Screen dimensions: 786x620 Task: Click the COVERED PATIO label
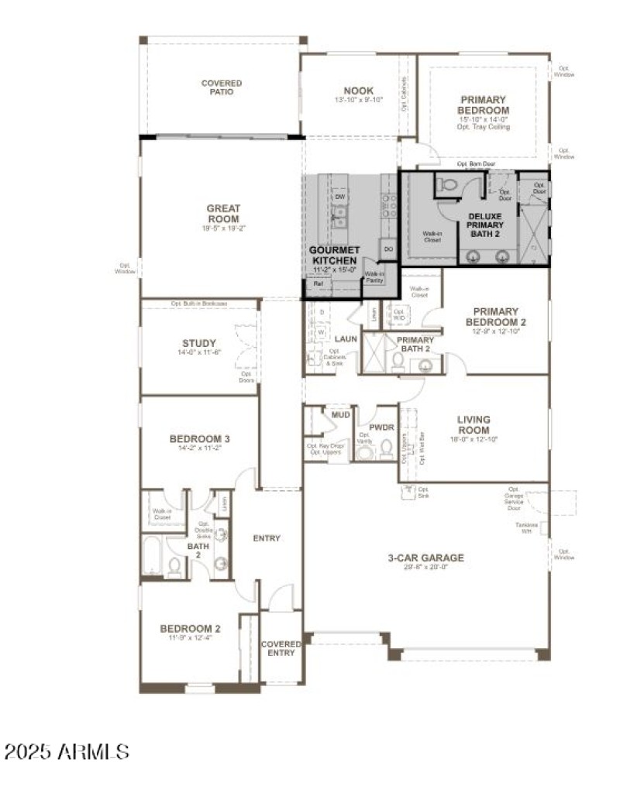[x=222, y=88]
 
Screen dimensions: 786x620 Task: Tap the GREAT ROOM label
[x=223, y=214]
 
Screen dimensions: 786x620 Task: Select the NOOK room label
[x=359, y=91]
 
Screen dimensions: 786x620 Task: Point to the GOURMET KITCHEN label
[x=334, y=256]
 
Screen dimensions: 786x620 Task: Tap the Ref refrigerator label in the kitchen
[x=319, y=284]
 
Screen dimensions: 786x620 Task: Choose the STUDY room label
[x=199, y=343]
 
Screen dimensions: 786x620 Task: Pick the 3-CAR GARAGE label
[x=425, y=557]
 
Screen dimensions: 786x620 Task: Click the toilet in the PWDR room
[x=385, y=450]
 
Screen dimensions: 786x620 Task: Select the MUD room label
[x=341, y=415]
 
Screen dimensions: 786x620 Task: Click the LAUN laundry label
[x=345, y=339]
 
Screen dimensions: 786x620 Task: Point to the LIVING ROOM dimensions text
[x=473, y=439]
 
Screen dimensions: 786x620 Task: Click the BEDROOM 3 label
[x=199, y=439]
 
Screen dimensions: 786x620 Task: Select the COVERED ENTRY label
[x=281, y=648]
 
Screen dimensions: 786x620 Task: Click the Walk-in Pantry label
[x=375, y=275]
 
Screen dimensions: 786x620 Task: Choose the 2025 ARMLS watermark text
[x=67, y=750]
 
